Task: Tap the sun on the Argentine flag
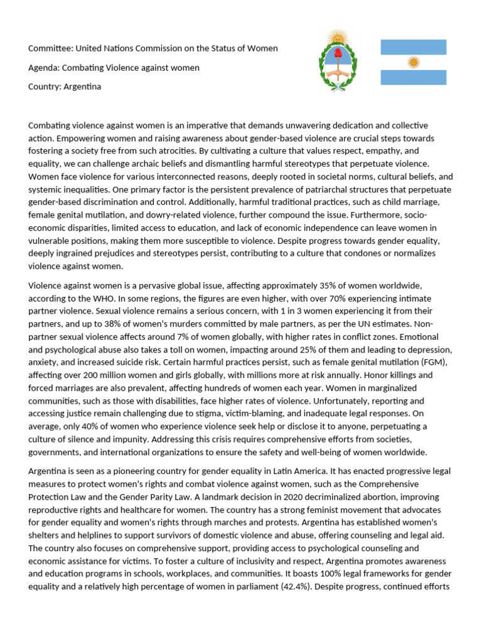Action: tap(413, 62)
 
